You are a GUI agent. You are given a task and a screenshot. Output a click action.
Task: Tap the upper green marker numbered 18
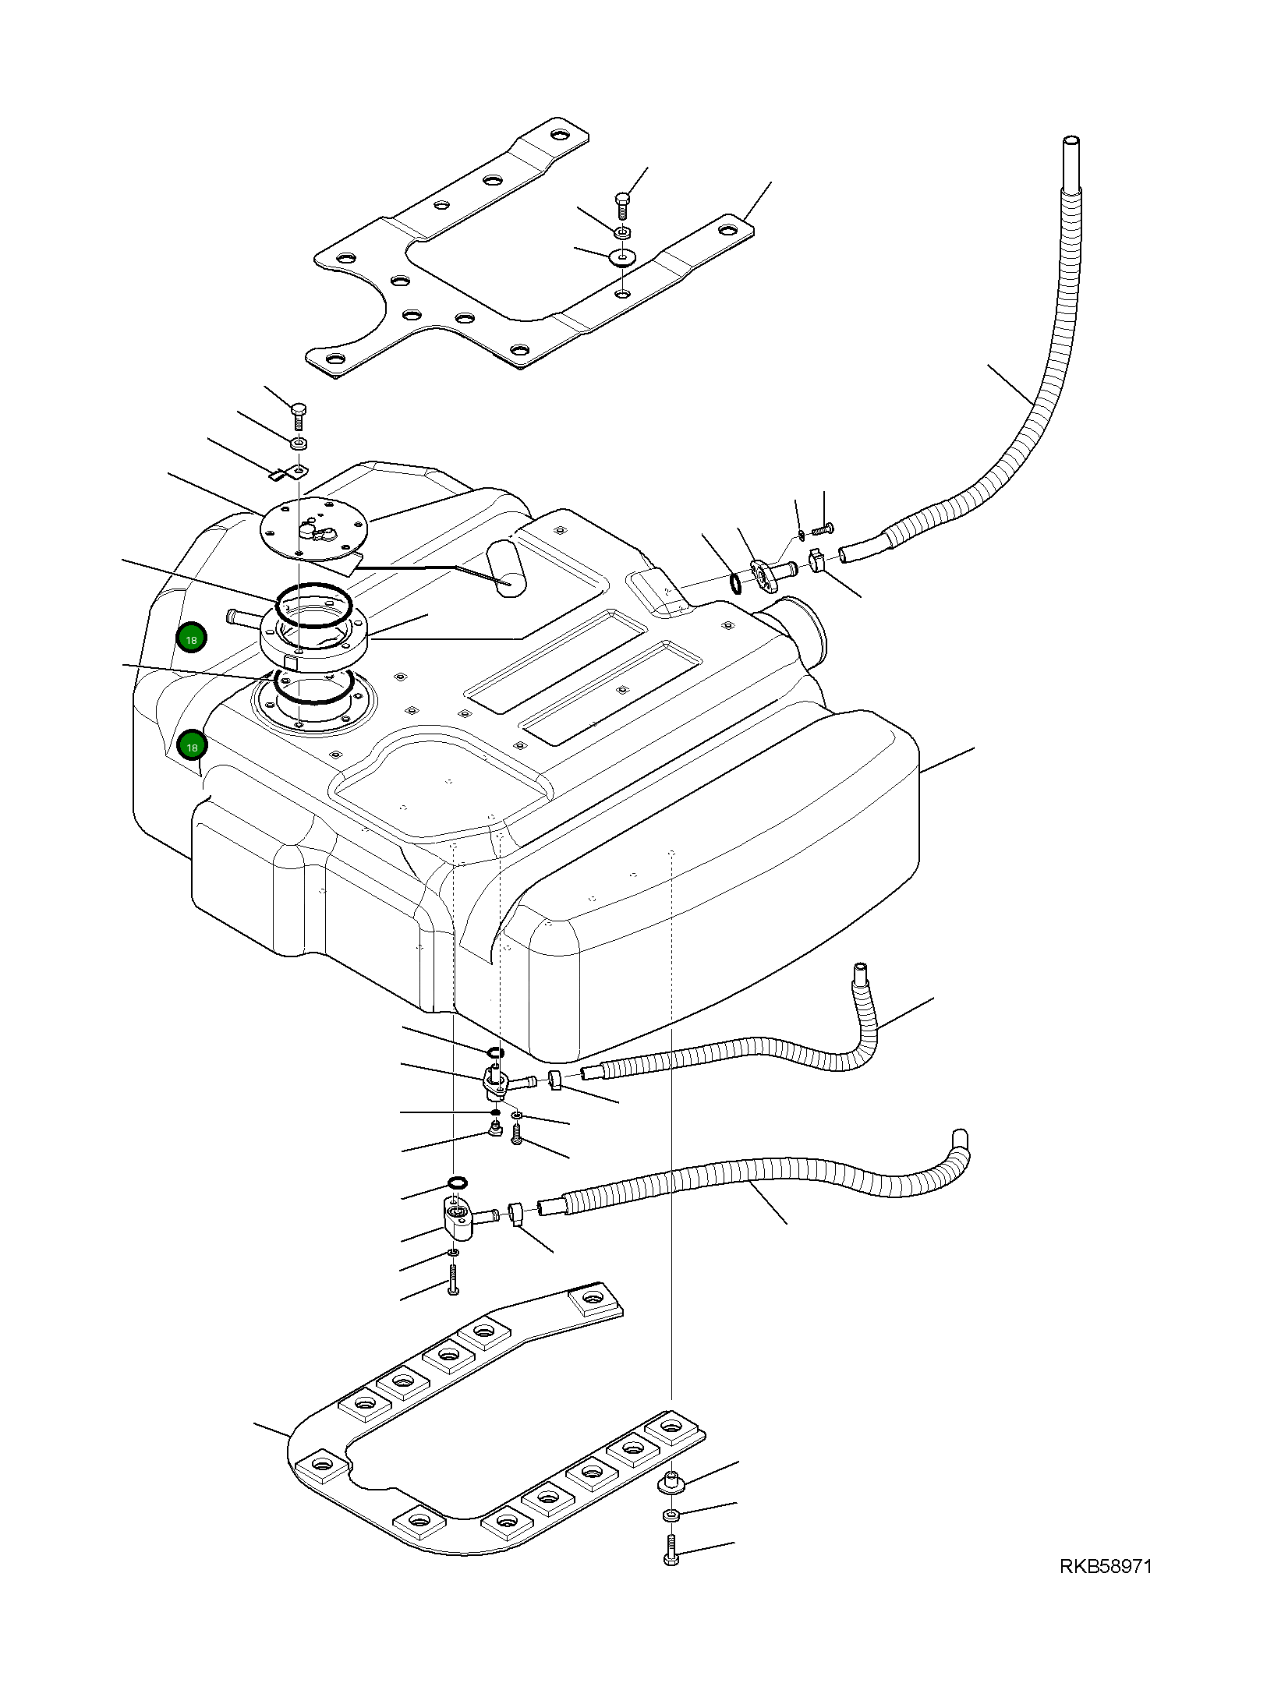[x=191, y=638]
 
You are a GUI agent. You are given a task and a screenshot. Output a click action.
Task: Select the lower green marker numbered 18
[x=191, y=746]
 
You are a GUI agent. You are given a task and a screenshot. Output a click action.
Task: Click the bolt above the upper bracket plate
[x=621, y=204]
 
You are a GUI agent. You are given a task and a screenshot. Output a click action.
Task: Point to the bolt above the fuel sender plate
[x=299, y=416]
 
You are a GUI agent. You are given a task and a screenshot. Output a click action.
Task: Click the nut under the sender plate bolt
[x=298, y=444]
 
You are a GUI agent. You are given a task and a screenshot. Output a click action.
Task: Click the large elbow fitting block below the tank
[x=461, y=1222]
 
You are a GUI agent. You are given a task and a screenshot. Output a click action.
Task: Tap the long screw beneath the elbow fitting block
[x=453, y=1279]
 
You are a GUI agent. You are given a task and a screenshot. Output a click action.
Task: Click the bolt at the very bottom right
[x=671, y=1558]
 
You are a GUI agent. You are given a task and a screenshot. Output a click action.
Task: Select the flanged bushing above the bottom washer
[x=671, y=1482]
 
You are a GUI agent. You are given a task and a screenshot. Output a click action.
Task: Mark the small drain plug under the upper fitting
[x=493, y=1130]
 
